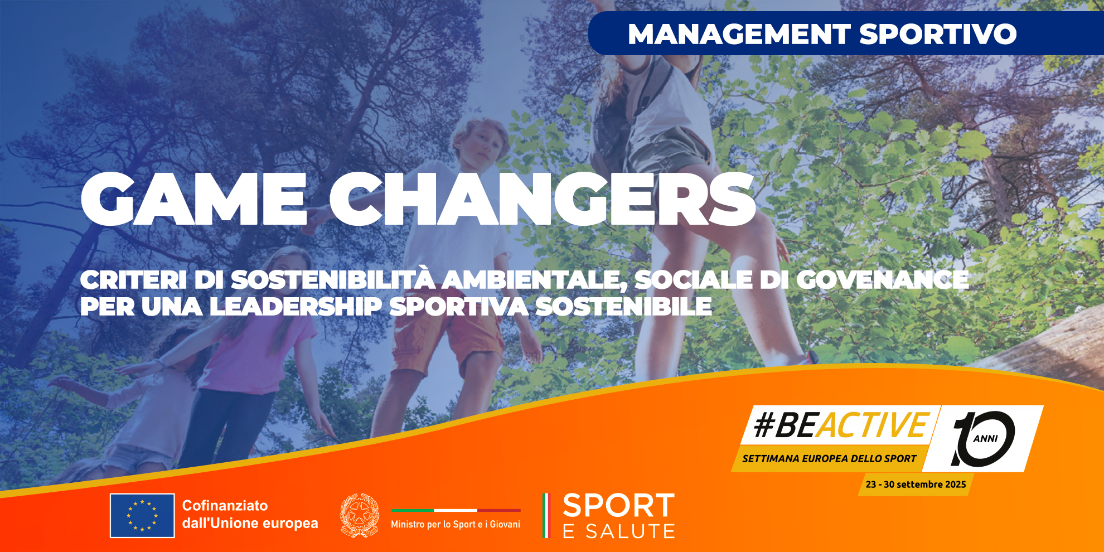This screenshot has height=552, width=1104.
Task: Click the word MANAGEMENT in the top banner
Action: (x=739, y=34)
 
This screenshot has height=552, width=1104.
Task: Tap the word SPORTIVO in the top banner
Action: (x=938, y=34)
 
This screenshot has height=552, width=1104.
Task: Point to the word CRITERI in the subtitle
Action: (x=133, y=280)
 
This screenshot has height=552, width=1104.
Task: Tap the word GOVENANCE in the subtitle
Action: (x=883, y=280)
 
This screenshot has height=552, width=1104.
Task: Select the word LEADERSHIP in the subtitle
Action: (x=296, y=307)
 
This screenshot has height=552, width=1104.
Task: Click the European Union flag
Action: (x=142, y=516)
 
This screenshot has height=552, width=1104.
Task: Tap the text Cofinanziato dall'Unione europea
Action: (x=250, y=514)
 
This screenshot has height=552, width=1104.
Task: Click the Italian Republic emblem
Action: (x=360, y=516)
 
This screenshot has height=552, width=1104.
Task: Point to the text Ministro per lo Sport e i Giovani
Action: (x=456, y=524)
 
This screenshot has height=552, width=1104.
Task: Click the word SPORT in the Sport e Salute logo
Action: (x=619, y=506)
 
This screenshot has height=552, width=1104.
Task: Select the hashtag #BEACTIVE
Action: (x=841, y=425)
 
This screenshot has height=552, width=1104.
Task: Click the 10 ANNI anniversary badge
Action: (x=984, y=439)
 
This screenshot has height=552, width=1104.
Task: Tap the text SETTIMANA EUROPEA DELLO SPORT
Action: (x=829, y=459)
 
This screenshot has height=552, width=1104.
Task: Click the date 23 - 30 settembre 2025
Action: (x=916, y=485)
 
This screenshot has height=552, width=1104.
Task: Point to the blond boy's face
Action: (x=480, y=144)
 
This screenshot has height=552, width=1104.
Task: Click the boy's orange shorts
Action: (x=446, y=335)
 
